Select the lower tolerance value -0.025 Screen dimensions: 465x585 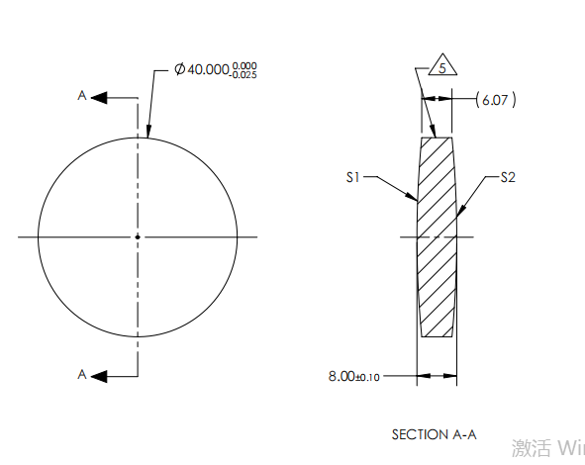[244, 75]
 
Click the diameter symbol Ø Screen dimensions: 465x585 [180, 70]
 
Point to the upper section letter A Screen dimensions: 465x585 [83, 96]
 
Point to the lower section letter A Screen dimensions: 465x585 [83, 374]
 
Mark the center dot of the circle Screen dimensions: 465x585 [138, 236]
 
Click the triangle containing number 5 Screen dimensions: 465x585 [441, 67]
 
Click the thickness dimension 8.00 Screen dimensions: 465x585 [341, 377]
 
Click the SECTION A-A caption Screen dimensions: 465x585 [434, 434]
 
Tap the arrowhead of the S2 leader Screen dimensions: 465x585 [457, 214]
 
